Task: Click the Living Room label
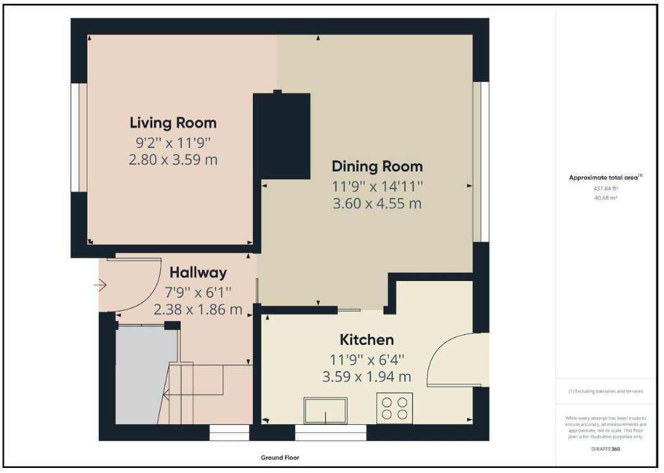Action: coord(173,123)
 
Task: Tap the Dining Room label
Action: coord(377,166)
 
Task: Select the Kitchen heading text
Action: coord(367,340)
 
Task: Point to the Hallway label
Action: coord(198,273)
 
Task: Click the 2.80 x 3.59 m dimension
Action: coord(173,160)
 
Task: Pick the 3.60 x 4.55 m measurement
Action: coord(377,204)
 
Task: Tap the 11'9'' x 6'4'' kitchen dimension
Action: coord(367,360)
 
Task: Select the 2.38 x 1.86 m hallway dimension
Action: coord(198,309)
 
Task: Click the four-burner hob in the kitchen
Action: coord(394,408)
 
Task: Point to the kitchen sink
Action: coord(325,410)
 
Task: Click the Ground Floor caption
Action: coord(280,458)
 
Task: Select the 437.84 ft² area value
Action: coord(606,188)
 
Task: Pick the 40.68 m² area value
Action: coord(606,198)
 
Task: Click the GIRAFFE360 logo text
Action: coord(606,450)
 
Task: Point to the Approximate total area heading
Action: coord(606,178)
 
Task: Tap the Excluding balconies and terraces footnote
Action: coord(606,391)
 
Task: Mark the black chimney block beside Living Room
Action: coord(282,136)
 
